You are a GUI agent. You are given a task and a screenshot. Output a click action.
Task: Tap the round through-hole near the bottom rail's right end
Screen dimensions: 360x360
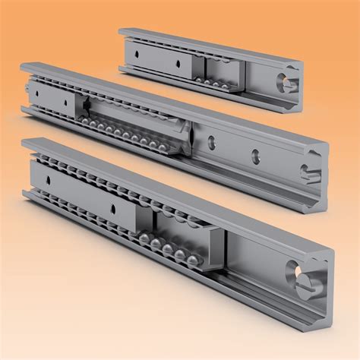pos(292,268)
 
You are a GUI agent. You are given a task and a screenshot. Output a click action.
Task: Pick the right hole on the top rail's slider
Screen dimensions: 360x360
pos(177,65)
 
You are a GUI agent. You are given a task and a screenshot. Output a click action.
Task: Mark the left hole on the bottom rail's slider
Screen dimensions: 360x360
pos(50,179)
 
